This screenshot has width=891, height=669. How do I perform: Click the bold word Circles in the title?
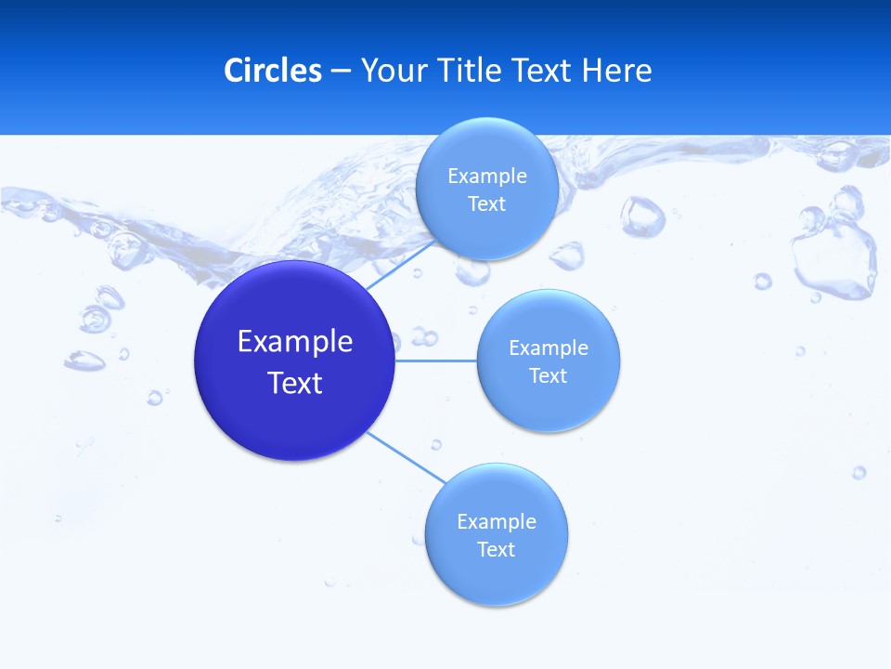tap(273, 71)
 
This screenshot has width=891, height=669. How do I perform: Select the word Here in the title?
tap(617, 71)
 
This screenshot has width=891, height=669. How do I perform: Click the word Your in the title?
tap(394, 71)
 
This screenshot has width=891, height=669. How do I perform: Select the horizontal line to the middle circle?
tap(436, 360)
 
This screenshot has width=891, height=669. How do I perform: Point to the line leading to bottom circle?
tap(407, 458)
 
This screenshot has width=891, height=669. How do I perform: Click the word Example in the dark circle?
tap(295, 342)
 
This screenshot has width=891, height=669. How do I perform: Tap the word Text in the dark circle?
tap(295, 383)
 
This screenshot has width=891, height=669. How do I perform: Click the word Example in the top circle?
tap(487, 176)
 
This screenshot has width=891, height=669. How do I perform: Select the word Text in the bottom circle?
tap(496, 549)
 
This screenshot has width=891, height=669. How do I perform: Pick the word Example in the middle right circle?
tap(549, 348)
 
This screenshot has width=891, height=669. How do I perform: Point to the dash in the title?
tap(341, 71)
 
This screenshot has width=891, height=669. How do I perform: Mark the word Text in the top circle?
tap(486, 203)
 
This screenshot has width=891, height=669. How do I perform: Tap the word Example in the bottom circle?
tap(497, 521)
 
